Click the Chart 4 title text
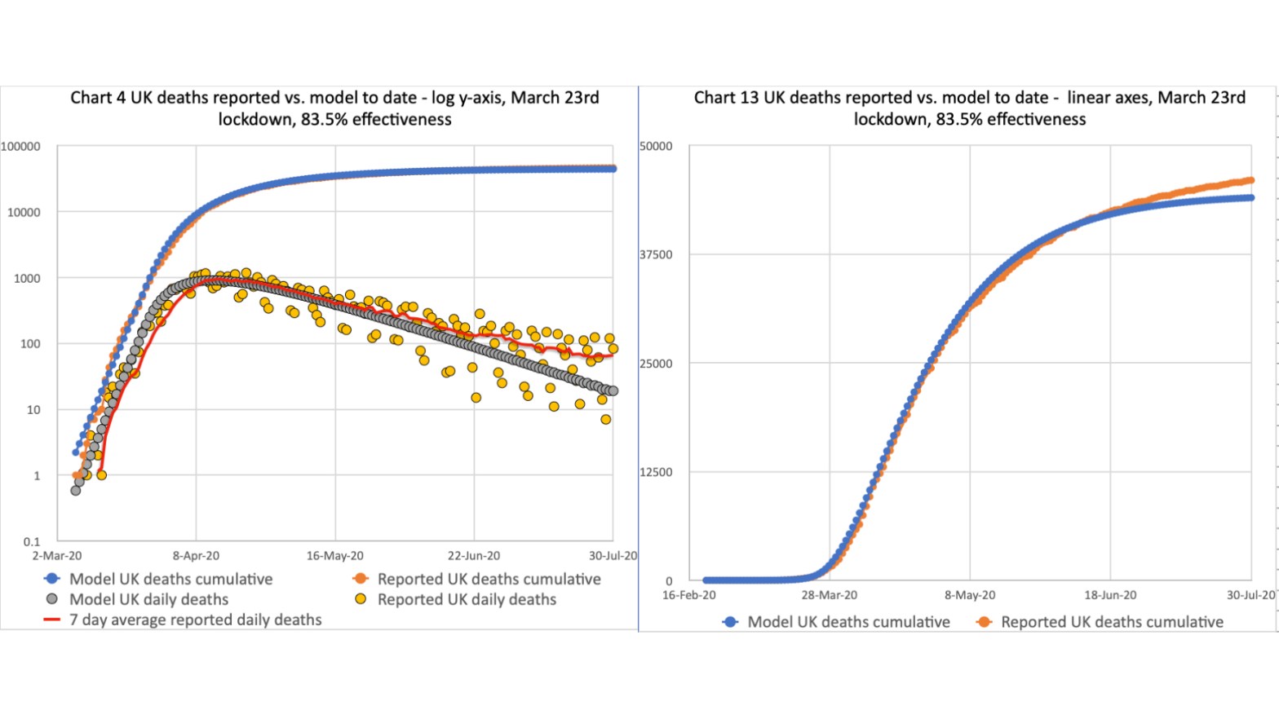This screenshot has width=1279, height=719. point(334,108)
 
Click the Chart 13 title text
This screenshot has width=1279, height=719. point(969,108)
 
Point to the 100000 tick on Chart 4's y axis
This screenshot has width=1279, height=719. point(20,147)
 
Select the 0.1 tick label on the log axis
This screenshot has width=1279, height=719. point(32,541)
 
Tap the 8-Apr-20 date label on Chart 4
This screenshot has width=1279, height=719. point(196,556)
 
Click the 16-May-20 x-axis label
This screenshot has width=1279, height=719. point(335,556)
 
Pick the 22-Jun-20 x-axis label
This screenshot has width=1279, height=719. point(474,556)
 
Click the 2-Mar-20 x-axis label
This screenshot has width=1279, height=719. point(57,556)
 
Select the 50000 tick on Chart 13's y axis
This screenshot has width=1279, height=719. point(656,147)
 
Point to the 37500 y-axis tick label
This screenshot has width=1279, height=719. point(656,255)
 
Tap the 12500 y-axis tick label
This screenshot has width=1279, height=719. point(656,472)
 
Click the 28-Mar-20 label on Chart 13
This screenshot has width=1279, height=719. point(830,595)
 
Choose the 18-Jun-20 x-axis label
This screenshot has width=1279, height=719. point(1110,595)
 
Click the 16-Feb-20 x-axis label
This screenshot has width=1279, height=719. point(689,595)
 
